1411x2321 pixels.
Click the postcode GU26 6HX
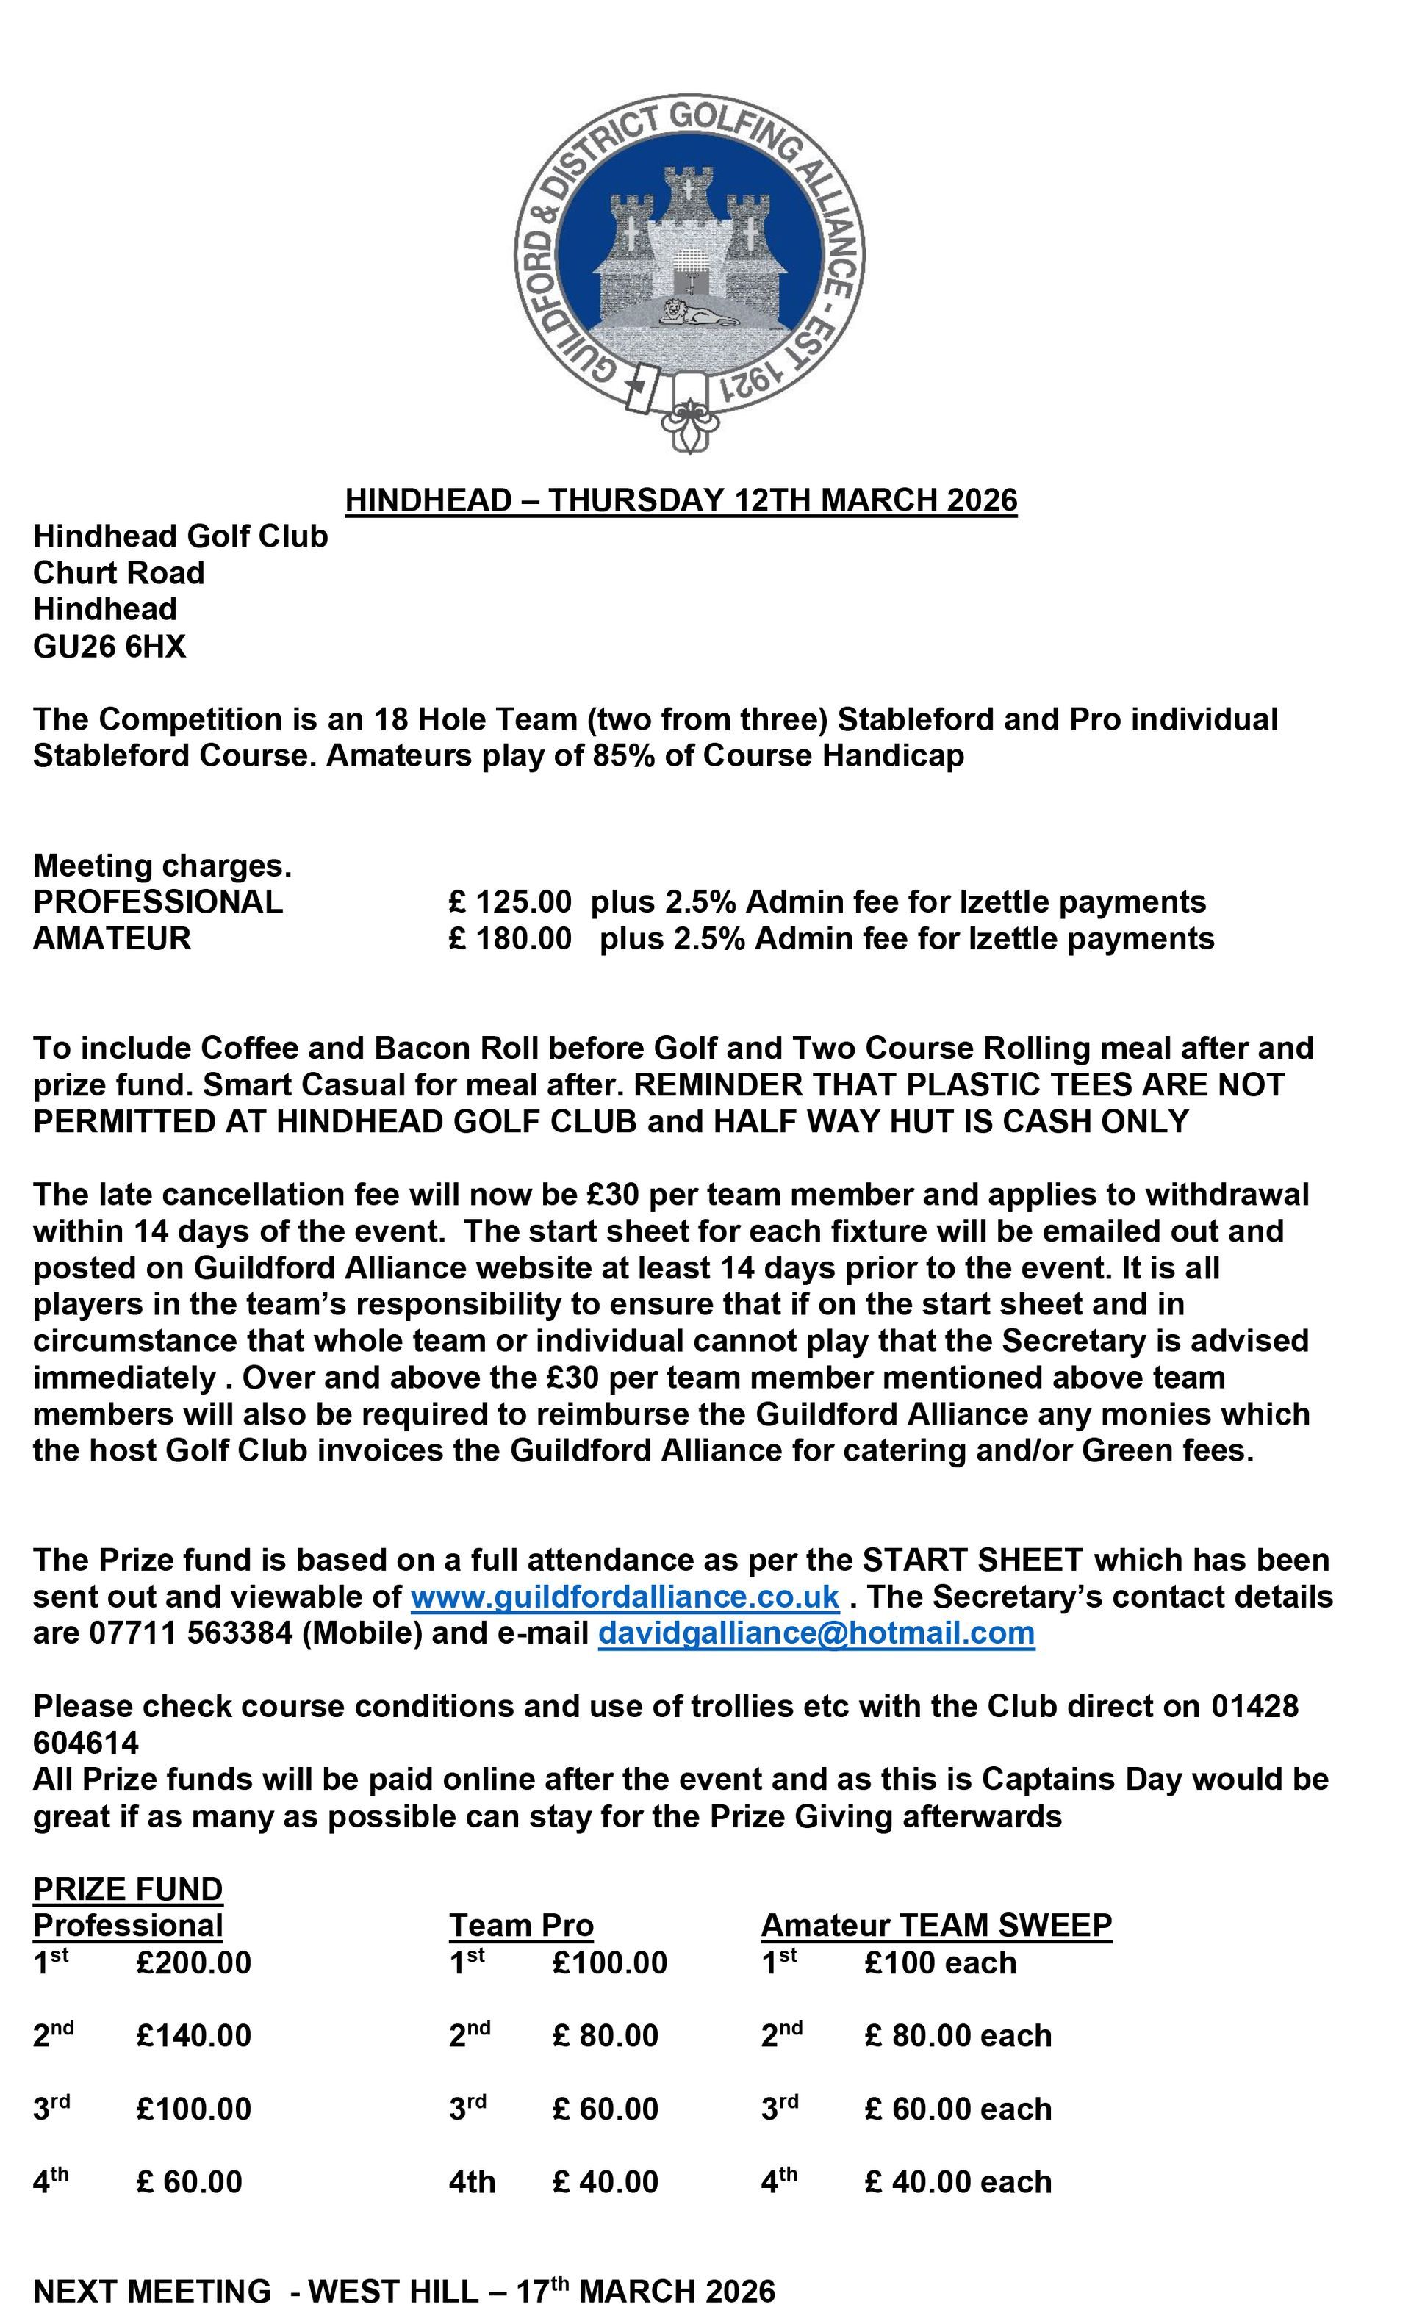click(x=109, y=646)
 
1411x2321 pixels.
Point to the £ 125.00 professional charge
click(x=509, y=902)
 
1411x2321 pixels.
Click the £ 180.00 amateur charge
click(x=509, y=938)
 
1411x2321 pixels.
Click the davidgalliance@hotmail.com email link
click(x=816, y=1633)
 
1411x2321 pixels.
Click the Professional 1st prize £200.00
click(x=193, y=1963)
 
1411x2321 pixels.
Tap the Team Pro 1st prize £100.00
click(x=609, y=1963)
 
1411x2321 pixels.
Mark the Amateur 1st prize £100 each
click(x=940, y=1963)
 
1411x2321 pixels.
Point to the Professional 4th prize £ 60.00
click(x=188, y=2181)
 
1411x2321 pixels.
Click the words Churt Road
click(x=118, y=572)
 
